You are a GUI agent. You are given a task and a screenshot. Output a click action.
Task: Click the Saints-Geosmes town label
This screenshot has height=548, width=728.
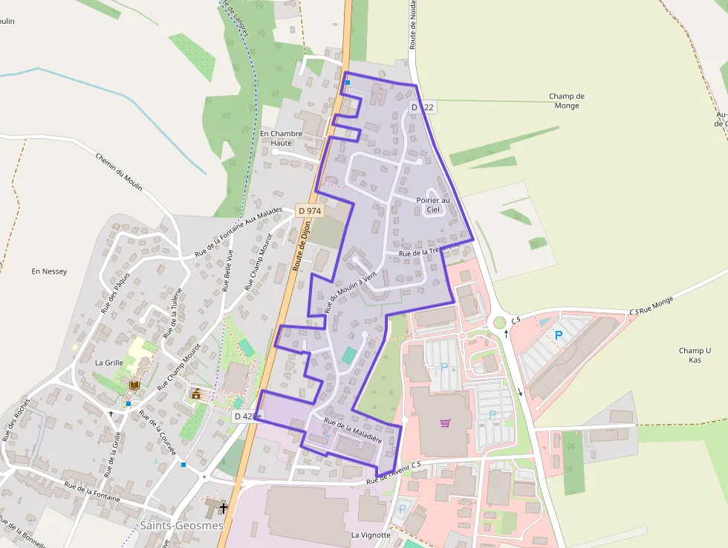181,525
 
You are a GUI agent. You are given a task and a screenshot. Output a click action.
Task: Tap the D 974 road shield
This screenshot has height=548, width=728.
309,211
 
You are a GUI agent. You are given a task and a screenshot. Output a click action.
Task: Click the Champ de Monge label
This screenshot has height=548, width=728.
567,101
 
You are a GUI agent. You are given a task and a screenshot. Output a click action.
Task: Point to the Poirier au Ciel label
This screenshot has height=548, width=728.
433,204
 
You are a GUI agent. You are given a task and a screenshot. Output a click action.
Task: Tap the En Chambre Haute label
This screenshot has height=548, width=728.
281,138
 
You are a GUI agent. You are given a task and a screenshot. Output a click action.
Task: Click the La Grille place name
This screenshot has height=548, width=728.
109,363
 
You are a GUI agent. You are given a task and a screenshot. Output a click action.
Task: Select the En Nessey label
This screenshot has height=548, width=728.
49,271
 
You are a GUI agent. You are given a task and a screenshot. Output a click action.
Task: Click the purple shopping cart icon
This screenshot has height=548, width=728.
445,423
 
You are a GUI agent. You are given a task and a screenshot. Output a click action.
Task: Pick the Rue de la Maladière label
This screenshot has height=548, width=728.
353,431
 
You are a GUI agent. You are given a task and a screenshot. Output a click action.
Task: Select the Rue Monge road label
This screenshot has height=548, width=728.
656,305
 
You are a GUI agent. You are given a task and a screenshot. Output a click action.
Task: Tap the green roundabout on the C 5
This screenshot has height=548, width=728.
499,322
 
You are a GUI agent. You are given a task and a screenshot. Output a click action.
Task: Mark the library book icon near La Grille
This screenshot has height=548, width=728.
134,385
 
